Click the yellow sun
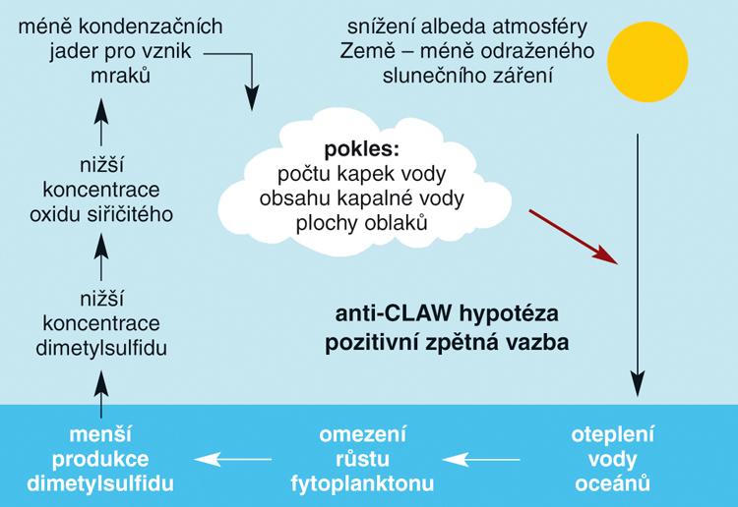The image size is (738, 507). pyautogui.click(x=647, y=62)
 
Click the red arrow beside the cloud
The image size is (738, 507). pyautogui.click(x=574, y=237)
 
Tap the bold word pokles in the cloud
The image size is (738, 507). pyautogui.click(x=361, y=149)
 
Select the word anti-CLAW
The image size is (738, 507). pyautogui.click(x=394, y=313)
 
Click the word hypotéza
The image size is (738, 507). pyautogui.click(x=509, y=314)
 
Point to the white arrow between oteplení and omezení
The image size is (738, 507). pyautogui.click(x=481, y=459)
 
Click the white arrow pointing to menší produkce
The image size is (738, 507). pyautogui.click(x=233, y=459)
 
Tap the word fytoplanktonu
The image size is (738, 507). pyautogui.click(x=362, y=484)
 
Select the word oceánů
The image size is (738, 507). pyautogui.click(x=612, y=483)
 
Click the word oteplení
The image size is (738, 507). pyautogui.click(x=612, y=435)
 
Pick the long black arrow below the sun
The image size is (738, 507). pyautogui.click(x=638, y=265)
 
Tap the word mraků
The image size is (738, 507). pyautogui.click(x=120, y=76)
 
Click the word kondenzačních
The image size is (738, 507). pyautogui.click(x=151, y=27)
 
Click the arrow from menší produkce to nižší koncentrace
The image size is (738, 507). pyautogui.click(x=100, y=394)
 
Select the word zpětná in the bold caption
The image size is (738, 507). pyautogui.click(x=461, y=344)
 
